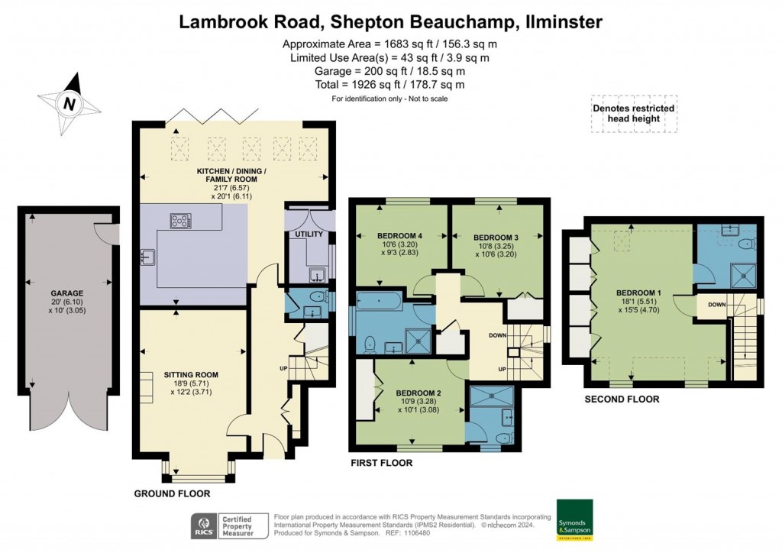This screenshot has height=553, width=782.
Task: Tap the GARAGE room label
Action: coord(67,293)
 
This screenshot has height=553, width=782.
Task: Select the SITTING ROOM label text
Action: coord(191,374)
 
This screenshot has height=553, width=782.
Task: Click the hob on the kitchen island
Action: coord(182,222)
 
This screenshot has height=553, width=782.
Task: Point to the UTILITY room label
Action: coord(309,234)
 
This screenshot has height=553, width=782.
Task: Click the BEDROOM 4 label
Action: coord(400,235)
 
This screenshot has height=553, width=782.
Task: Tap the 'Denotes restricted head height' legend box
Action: coord(633,114)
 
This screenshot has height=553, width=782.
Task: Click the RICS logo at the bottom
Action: coord(203,526)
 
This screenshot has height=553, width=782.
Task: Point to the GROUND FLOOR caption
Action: coord(172,494)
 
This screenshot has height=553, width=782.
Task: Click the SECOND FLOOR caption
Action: coord(622,399)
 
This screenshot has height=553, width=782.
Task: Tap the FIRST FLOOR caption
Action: coord(381,463)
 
